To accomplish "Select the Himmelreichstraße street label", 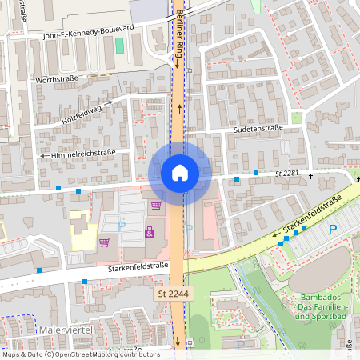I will point(83,153).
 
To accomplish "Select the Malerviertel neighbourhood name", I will point(66,329).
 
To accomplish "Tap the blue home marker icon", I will point(179,172).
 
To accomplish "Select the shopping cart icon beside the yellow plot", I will point(104,242).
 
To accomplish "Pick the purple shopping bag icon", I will point(149,232).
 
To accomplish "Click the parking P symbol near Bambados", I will point(333,230).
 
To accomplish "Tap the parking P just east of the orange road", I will point(189,229).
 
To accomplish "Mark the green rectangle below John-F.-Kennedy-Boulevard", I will point(119,45).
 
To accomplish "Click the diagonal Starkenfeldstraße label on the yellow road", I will point(312,216).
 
